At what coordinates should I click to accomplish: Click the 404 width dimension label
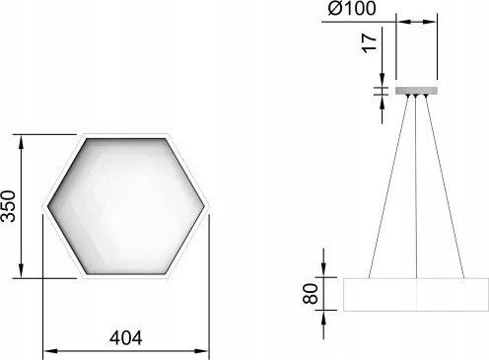[x=126, y=337]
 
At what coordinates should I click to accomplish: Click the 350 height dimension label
[x=8, y=206]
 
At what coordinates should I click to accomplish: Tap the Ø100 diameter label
[x=352, y=8]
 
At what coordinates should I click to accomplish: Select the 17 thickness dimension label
[x=370, y=42]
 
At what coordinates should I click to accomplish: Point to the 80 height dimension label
[x=311, y=294]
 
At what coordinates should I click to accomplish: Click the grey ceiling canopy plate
[x=416, y=91]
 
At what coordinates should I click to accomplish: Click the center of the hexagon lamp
[x=126, y=206]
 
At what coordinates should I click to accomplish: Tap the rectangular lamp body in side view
[x=416, y=295]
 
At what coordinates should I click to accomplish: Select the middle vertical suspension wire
[x=416, y=187]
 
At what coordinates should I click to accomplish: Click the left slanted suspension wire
[x=389, y=187]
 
